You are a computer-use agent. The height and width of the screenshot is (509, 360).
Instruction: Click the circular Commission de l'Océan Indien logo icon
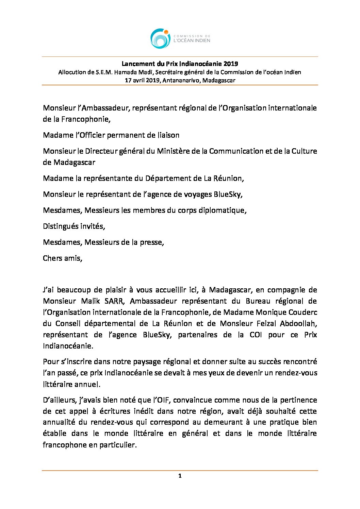[160, 38]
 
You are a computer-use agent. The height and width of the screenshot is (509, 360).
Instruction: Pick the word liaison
[168, 135]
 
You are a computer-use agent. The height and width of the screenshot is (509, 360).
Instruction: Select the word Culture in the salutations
[304, 151]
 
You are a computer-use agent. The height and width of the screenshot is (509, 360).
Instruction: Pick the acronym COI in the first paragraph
[256, 335]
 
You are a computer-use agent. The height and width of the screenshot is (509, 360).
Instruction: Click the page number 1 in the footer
[180, 476]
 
